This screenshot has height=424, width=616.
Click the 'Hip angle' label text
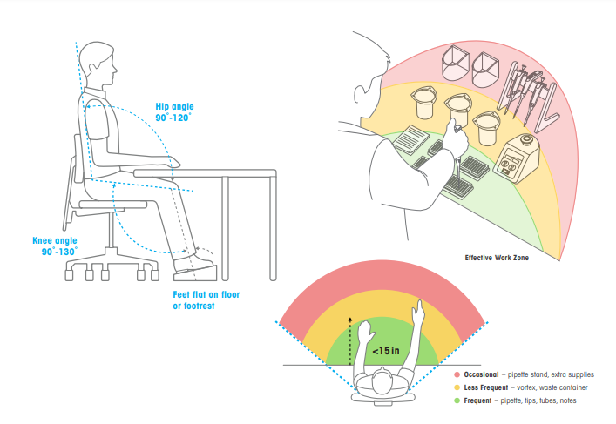pos(174,107)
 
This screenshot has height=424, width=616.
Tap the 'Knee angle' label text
pos(55,240)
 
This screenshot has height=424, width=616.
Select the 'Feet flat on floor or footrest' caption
pos(206,300)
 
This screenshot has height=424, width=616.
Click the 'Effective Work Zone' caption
pos(497,258)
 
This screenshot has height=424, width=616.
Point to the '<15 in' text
pos(386,351)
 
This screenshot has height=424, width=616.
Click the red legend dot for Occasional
pos(457,374)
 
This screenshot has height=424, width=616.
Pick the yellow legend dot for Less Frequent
pos(457,387)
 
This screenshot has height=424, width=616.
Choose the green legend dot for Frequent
pos(457,400)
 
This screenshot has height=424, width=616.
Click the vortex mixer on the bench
pos(516,158)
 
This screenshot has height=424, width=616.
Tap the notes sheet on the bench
pos(411,139)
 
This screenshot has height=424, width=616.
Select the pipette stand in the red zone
pos(528,96)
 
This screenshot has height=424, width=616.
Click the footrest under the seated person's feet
pos(195,273)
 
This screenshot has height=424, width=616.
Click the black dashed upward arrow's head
pos(350,320)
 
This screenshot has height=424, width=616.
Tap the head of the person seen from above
pos(382,380)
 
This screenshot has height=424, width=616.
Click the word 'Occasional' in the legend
pos(481,374)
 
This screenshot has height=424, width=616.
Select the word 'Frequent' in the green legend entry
pos(477,400)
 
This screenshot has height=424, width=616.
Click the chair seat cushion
pos(113,204)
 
